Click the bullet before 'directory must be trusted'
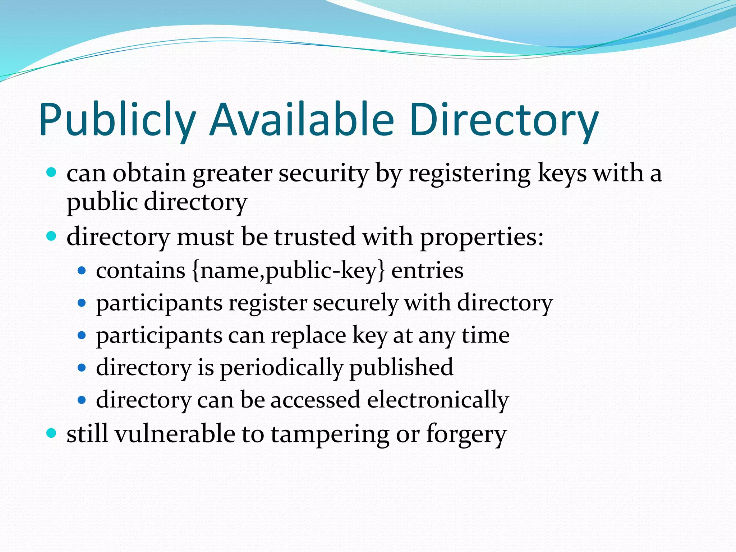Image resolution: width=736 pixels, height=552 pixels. (x=52, y=236)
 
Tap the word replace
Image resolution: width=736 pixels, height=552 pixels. (x=309, y=336)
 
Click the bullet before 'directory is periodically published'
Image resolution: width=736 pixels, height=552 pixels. (x=82, y=368)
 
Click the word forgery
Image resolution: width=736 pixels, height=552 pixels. (x=466, y=435)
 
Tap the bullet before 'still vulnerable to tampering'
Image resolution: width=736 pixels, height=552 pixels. (x=52, y=433)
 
